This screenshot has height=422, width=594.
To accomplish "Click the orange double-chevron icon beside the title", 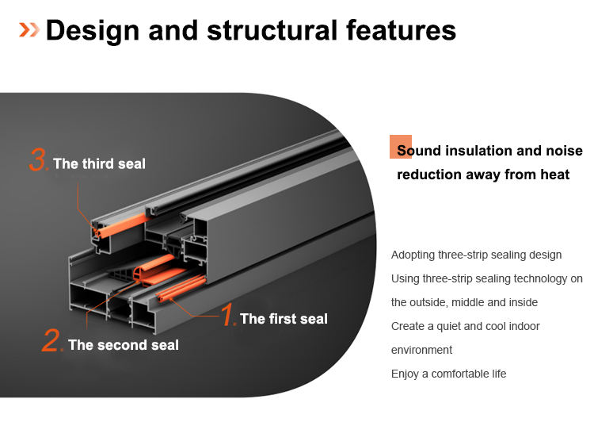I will click(x=29, y=30).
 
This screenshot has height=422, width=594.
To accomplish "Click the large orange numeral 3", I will click(x=38, y=160).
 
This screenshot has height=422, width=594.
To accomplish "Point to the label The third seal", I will click(x=99, y=163).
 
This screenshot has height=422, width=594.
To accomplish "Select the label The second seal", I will click(x=123, y=345).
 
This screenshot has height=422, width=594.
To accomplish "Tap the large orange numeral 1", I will click(x=228, y=315).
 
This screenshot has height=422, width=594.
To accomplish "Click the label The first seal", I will click(x=284, y=319).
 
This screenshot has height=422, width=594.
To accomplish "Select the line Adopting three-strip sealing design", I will click(x=476, y=255).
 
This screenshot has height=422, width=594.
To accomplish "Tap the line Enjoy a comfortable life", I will click(x=448, y=374).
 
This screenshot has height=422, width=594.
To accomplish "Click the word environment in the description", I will click(x=421, y=350).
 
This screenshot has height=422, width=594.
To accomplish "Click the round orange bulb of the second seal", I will click(x=143, y=274).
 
